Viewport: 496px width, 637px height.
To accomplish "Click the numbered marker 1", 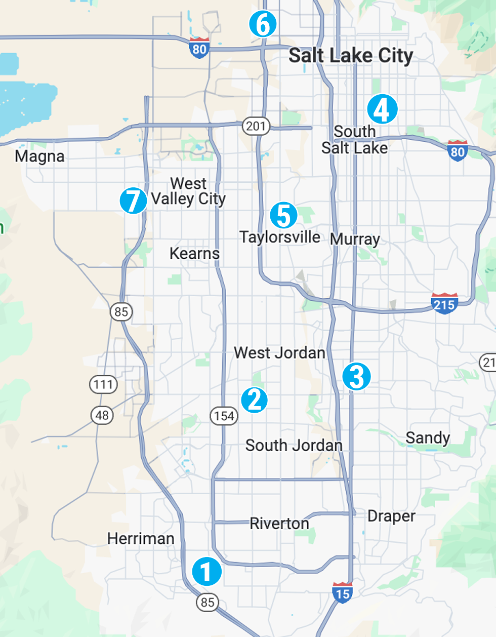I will tap(206, 572).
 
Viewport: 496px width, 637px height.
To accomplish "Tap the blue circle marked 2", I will tap(254, 400).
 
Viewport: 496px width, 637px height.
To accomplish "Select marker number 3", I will tap(356, 376).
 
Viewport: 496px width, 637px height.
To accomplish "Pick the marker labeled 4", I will tap(382, 109).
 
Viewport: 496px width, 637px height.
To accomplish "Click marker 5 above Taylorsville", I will tap(283, 215).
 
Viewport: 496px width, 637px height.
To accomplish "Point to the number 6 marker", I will tap(263, 24).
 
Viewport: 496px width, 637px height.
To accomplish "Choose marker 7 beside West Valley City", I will tap(133, 201).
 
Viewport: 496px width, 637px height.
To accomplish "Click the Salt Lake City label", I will tap(351, 56).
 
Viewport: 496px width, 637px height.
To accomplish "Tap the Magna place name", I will tap(39, 156).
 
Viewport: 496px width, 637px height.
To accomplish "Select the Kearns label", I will tap(194, 253).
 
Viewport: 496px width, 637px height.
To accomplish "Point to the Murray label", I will tap(355, 239).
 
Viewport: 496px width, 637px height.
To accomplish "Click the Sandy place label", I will tap(428, 437).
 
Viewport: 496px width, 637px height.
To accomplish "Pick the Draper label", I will tap(391, 516).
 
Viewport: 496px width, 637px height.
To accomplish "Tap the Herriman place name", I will tap(141, 538).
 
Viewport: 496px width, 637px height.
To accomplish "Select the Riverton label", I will tap(279, 523).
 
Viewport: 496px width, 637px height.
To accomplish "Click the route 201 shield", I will tap(256, 126).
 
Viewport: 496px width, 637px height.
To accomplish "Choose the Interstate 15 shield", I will tap(343, 592).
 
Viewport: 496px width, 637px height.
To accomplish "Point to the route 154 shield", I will tap(224, 416).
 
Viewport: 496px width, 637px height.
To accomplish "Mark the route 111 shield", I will tap(103, 384).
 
